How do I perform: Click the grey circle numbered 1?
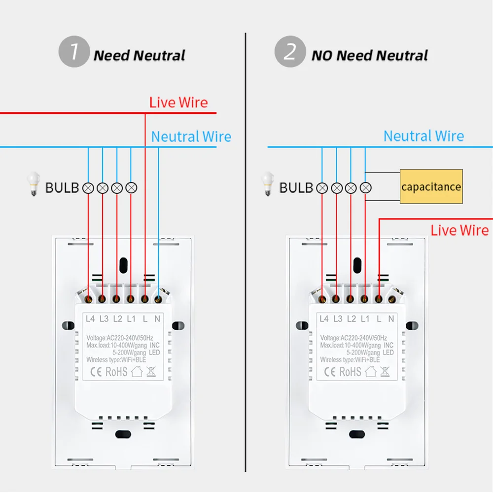(x=74, y=52)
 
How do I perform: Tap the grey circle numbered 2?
(x=290, y=52)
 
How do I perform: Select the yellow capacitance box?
(x=431, y=186)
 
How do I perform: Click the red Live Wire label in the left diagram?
(x=178, y=103)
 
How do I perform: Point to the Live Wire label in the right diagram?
(x=459, y=230)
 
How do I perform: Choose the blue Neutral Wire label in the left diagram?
(x=191, y=137)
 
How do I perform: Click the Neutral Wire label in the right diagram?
(x=423, y=136)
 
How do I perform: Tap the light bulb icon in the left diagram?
(x=34, y=183)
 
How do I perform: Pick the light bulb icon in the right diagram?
(x=268, y=183)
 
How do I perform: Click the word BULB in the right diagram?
(x=296, y=188)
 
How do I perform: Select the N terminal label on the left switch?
(x=157, y=319)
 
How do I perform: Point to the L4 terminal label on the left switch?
(x=90, y=319)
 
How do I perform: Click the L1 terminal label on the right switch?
(x=365, y=319)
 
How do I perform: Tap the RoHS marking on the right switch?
(x=350, y=372)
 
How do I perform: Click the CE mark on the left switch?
(x=96, y=372)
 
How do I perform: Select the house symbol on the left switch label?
(x=137, y=371)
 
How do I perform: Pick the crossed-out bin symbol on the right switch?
(x=385, y=371)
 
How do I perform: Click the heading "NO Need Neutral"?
(x=369, y=55)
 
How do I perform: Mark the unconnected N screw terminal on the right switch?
(x=392, y=299)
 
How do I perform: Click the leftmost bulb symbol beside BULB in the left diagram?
(x=88, y=188)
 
